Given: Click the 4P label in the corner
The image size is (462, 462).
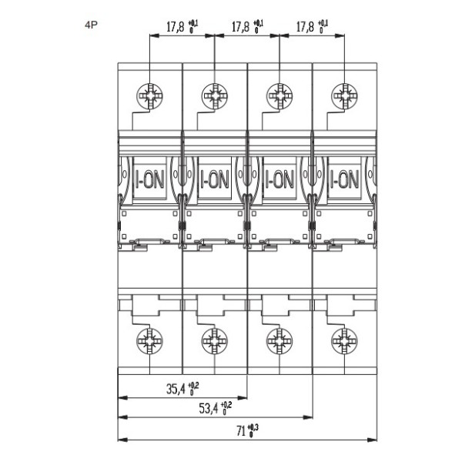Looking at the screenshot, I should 91,25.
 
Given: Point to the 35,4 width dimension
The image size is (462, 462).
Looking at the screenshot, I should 183,389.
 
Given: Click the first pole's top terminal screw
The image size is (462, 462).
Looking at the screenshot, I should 148,97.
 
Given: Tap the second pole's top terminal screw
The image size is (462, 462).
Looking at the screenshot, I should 213,97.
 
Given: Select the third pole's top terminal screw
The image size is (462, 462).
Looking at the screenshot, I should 277,97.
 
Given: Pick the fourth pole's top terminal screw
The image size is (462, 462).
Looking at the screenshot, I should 342,97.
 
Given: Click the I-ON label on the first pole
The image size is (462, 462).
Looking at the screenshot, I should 149,180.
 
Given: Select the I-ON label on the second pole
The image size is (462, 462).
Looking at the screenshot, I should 214,180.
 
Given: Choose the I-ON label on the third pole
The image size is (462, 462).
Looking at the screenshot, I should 279,180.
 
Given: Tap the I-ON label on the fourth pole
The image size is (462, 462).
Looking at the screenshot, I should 343,180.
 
